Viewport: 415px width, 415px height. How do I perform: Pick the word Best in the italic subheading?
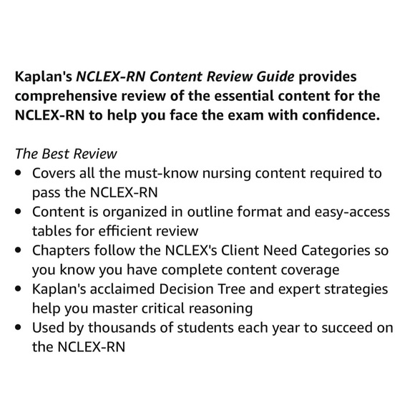point(69,154)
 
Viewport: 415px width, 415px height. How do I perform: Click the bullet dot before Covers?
point(17,174)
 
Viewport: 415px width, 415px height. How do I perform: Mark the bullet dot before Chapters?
point(17,251)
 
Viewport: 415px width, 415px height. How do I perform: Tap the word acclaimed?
point(121,289)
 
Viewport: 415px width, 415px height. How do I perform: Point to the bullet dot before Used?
point(17,328)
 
